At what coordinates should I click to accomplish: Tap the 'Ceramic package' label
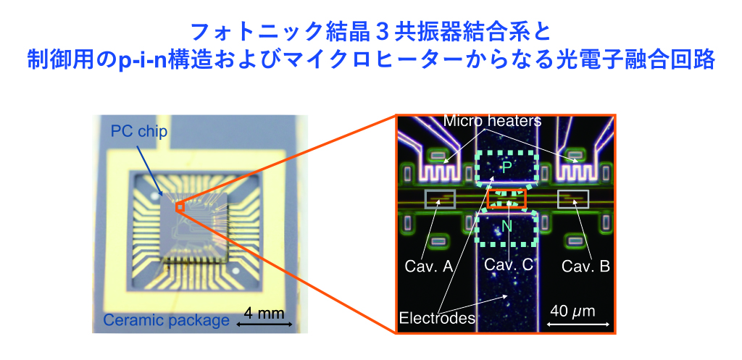(166, 320)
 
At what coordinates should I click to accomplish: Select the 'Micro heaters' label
(493, 120)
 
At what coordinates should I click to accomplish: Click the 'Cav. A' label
(429, 266)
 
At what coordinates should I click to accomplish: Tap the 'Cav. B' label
(585, 266)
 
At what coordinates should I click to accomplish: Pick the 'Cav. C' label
(509, 265)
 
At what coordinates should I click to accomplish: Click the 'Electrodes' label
(436, 317)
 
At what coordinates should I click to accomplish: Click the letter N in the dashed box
(507, 227)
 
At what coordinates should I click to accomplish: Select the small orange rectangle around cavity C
(507, 198)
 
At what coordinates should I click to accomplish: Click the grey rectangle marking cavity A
(439, 198)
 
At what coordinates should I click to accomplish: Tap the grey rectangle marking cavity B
(572, 198)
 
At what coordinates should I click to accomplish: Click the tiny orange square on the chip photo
(180, 207)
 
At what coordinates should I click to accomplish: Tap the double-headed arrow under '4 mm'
(262, 324)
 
